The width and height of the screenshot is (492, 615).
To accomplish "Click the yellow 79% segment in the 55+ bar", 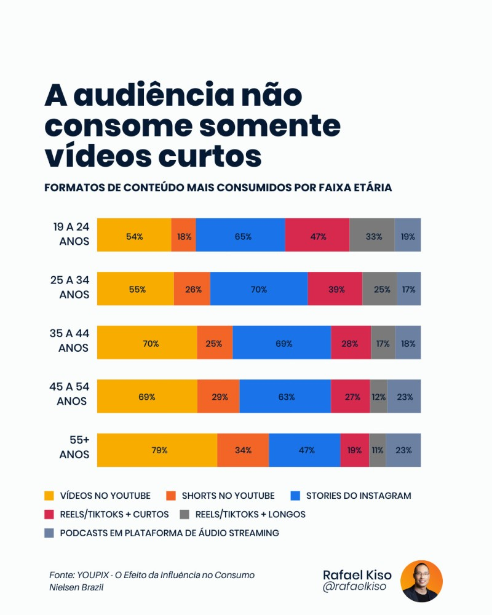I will coord(157,450).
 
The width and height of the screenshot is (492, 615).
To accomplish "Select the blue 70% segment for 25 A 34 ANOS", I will coord(259,288).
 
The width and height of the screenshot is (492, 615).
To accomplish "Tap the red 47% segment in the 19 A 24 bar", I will coord(317,235).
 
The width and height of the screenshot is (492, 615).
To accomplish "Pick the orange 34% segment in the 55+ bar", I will coord(243,450).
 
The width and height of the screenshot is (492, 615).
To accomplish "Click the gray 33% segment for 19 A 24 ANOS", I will coord(372,235).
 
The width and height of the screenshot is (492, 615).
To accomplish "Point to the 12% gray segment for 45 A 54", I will coord(379,396).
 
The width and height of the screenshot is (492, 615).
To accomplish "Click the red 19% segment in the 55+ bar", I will coord(355,450).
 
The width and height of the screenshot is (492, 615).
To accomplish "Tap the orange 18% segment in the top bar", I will coord(184,235).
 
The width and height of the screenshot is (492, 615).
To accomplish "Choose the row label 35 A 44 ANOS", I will coord(69,341).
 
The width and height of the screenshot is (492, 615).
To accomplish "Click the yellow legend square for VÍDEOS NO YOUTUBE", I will coord(49,496).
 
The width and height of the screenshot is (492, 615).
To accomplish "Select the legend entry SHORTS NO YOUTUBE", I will coord(228,496).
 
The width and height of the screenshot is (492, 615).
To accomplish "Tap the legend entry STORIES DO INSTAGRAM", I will coord(359,496).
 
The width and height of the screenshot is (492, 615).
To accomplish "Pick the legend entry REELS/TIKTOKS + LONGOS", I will coord(250,514).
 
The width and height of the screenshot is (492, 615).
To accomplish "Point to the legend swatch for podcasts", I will coord(49,533).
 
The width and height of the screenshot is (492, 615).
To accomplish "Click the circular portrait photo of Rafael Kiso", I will coord(421,581).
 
